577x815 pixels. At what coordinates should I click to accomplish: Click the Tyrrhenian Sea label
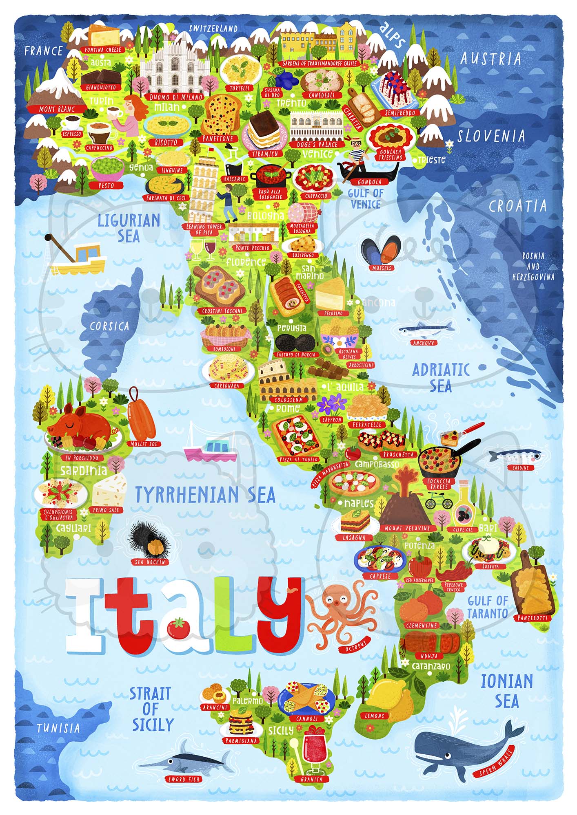pyautogui.click(x=205, y=494)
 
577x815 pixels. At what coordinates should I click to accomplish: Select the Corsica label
pyautogui.click(x=109, y=326)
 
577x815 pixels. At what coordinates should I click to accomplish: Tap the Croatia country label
pyautogui.click(x=517, y=206)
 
